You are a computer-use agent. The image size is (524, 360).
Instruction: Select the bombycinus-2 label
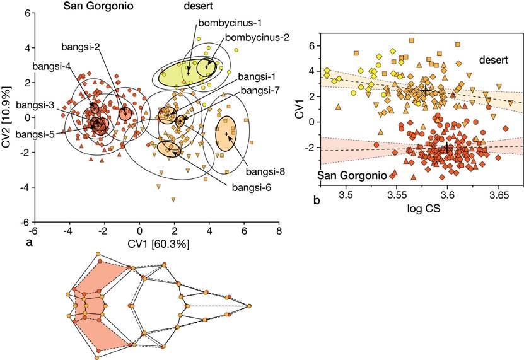click(x=251, y=37)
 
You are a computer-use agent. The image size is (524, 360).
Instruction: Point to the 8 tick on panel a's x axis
click(x=278, y=232)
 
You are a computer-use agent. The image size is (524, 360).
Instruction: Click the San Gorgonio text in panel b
click(x=346, y=174)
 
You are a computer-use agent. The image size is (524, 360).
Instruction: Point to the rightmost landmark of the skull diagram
click(x=249, y=306)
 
